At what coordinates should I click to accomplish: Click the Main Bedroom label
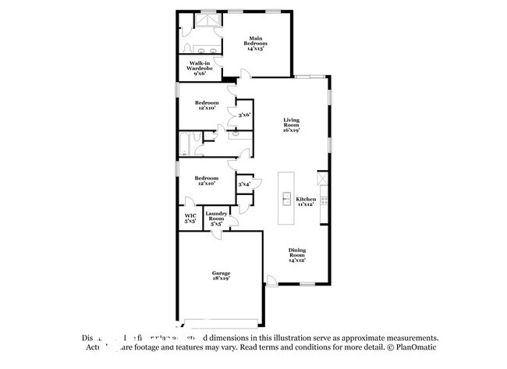pos(256,43)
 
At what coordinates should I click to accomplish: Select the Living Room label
pos(291,125)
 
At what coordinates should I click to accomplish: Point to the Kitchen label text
pos(305,201)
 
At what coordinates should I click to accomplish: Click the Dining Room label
pos(298,255)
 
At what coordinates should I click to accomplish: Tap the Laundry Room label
pos(216,218)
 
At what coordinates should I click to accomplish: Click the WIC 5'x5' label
pos(190,218)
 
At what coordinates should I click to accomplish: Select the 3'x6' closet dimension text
pos(244,115)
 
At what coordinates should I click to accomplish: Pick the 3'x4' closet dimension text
pos(244,184)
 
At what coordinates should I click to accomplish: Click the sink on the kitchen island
pos(286,197)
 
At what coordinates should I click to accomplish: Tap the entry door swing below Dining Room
pos(271,280)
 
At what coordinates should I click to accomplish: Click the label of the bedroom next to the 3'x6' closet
pos(206,105)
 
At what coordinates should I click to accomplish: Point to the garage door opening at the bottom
pos(221,321)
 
